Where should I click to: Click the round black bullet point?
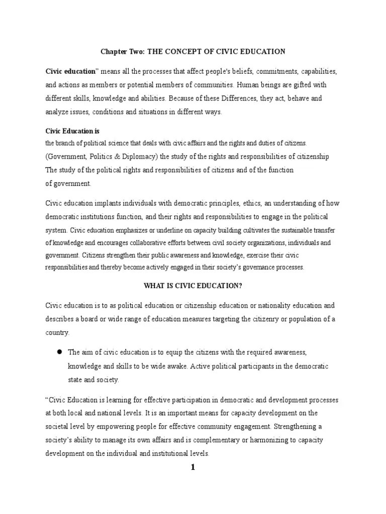click(58, 352)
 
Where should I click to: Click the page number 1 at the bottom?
click(192, 468)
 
